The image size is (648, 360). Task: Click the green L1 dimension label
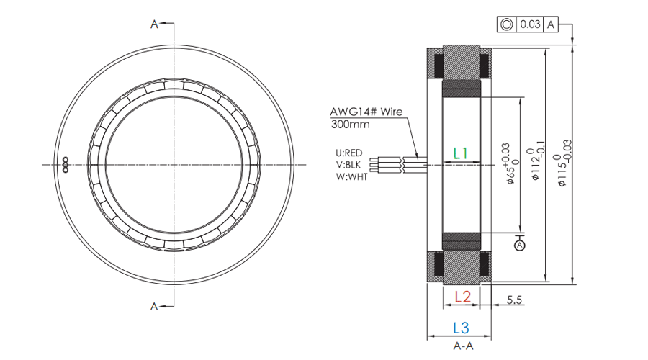461,153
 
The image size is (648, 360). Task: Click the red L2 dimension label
462,296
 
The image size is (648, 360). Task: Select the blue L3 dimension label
461,328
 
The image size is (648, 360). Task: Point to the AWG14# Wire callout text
366,112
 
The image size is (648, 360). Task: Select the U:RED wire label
349,153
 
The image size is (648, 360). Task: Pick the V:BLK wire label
349,164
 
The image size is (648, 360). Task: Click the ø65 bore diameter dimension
510,164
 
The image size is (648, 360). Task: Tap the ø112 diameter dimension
535,164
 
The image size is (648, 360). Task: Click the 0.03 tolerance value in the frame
530,24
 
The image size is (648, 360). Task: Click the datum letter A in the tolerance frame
551,24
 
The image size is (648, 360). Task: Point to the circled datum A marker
520,246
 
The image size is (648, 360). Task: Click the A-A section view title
462,346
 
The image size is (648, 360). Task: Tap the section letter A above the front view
154,24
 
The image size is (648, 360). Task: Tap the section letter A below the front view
154,306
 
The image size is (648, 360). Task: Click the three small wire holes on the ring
65,165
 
